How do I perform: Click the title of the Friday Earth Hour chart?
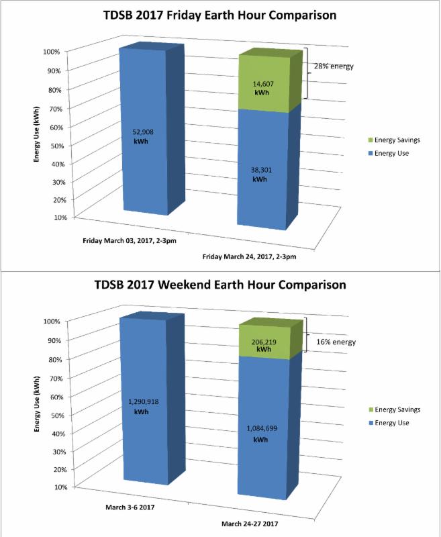tap(220, 15)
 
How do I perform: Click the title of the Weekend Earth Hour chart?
tap(220, 285)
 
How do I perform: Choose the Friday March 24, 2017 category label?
tap(249, 256)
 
